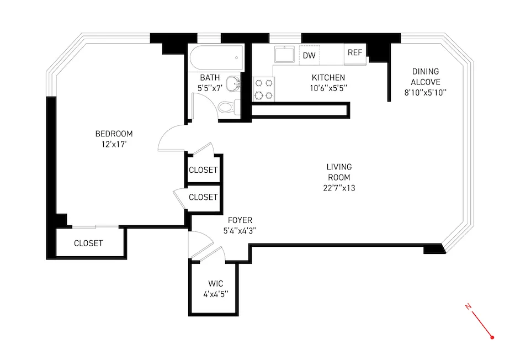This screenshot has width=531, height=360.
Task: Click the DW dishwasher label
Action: coord(309,55)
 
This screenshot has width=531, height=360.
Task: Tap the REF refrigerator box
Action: coord(354,53)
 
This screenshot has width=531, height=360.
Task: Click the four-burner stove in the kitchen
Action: coord(263,89)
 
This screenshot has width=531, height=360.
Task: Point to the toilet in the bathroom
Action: coord(227,107)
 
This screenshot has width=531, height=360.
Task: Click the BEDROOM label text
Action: coord(114,134)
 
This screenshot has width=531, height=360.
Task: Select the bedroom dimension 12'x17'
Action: coord(114,145)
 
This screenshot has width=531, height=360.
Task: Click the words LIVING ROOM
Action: coord(339,172)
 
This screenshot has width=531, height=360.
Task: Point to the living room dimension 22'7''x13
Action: coord(339,188)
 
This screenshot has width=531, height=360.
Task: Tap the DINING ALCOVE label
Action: coord(425,77)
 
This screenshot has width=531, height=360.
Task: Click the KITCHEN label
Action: coord(328,77)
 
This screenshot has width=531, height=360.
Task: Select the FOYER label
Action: coord(240,220)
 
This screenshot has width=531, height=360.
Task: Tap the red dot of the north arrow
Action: coord(492,336)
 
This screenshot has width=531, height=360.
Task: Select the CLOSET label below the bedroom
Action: coord(88,243)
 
